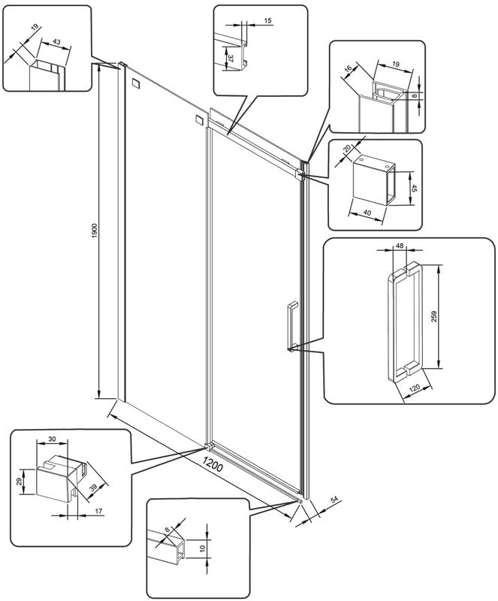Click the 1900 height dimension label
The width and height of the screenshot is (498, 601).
coord(95,231)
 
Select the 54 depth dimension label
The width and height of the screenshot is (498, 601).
coord(334,500)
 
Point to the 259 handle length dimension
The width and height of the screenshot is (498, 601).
coord(433,316)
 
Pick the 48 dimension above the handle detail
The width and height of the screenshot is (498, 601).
coord(400,246)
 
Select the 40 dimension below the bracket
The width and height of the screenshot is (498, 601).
coord(367,212)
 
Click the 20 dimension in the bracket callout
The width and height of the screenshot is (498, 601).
coord(348,148)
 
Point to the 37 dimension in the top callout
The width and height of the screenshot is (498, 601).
coord(231,59)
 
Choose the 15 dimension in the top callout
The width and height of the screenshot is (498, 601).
coord(267,20)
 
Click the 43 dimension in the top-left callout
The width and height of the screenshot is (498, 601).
coord(56,42)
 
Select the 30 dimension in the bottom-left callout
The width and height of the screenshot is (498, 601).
coord(52,439)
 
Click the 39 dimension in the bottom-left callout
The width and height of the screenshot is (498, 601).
coord(93,488)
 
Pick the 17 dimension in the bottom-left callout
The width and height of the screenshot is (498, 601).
coord(98,511)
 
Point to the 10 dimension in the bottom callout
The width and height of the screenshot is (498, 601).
coord(203,548)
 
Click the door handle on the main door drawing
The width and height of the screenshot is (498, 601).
coord(291,326)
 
